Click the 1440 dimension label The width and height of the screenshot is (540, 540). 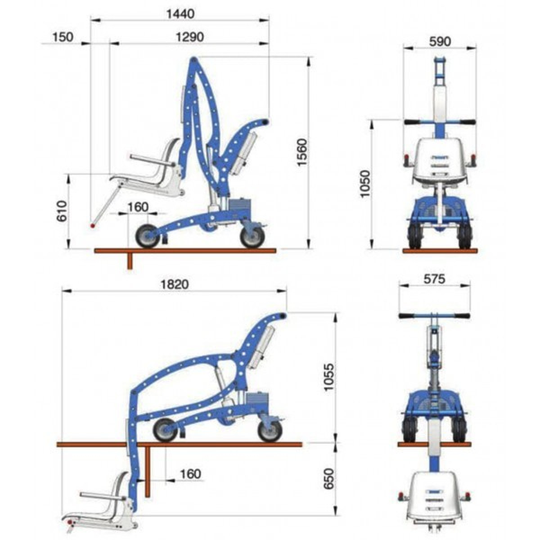tap(180, 14)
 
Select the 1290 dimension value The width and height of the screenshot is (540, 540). tap(189, 37)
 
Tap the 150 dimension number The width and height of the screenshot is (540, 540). tap(63, 37)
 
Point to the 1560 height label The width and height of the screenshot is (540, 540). tap(303, 152)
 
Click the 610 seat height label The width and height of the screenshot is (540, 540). tap(62, 211)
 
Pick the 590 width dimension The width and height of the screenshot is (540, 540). tap(440, 41)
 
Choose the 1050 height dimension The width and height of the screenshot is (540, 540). tap(365, 184)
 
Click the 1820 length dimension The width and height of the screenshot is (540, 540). tap(175, 284)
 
